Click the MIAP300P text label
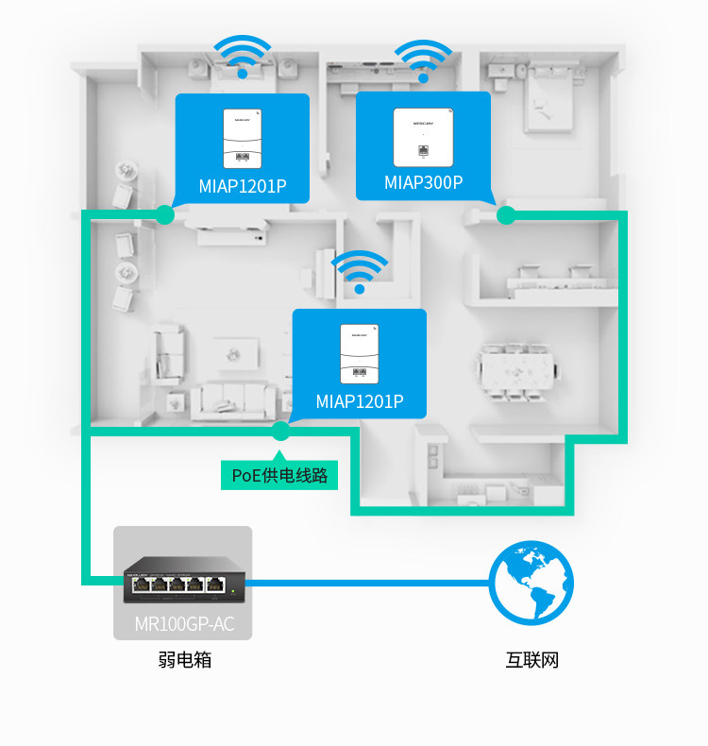click(x=423, y=182)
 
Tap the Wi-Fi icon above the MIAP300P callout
click(x=422, y=59)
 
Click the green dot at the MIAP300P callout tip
click(x=505, y=215)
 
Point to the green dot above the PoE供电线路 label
click(x=279, y=432)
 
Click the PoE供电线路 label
click(x=279, y=475)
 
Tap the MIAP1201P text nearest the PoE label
click(x=360, y=401)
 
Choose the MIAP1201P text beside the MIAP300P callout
click(x=243, y=185)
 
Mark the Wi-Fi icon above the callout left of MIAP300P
click(x=243, y=55)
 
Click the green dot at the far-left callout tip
click(x=165, y=215)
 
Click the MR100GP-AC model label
click(x=183, y=624)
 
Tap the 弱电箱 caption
click(x=185, y=660)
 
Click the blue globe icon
click(x=531, y=584)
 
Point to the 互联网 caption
click(x=532, y=660)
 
